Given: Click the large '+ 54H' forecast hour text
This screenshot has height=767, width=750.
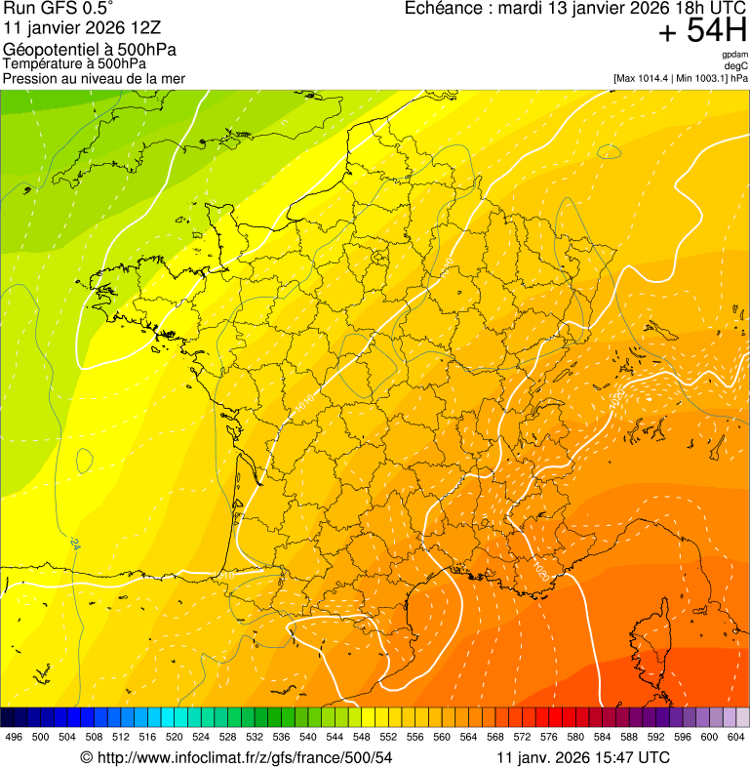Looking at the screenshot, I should [702, 32].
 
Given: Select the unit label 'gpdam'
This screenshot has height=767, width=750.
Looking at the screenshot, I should [734, 55].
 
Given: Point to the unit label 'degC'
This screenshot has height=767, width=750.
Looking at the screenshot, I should [736, 65].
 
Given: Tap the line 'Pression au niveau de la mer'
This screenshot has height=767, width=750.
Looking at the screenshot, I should [94, 78].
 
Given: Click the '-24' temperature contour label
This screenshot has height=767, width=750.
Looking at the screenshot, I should [74, 545].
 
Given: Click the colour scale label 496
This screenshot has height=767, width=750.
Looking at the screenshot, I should [14, 737].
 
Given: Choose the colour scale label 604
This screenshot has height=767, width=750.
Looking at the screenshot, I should [735, 737].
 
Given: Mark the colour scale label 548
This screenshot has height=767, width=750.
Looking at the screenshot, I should [361, 737].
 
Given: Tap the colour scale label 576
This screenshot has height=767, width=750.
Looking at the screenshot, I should [548, 737].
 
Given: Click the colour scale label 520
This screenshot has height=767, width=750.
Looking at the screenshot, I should [174, 737].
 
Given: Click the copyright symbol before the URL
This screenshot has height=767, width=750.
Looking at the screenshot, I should [86, 757].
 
